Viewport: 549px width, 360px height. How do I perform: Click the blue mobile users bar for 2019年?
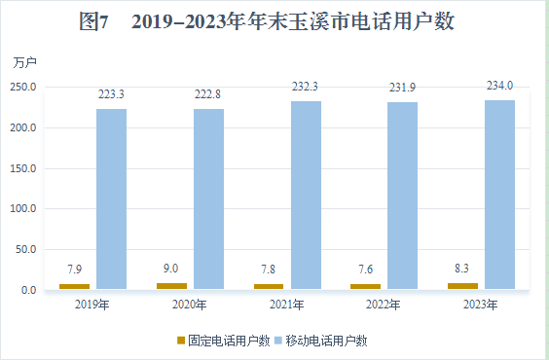(111, 198)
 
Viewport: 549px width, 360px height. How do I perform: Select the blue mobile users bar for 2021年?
(306, 195)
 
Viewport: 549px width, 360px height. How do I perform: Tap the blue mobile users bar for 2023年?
(500, 194)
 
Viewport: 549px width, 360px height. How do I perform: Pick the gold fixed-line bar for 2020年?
(171, 286)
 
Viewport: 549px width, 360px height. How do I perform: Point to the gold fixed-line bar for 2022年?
(366, 286)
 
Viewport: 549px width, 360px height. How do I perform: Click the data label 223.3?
(111, 94)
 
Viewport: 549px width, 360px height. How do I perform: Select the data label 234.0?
(500, 86)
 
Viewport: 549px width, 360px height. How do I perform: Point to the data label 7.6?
(366, 270)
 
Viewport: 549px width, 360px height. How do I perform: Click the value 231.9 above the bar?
(403, 88)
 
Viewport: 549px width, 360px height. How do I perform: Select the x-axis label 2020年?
(189, 306)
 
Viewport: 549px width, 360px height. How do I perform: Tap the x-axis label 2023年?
(481, 306)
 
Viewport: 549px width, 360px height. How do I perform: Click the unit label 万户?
(25, 62)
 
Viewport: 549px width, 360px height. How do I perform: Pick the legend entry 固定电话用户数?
(228, 342)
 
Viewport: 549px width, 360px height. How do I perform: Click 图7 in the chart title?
(93, 22)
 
